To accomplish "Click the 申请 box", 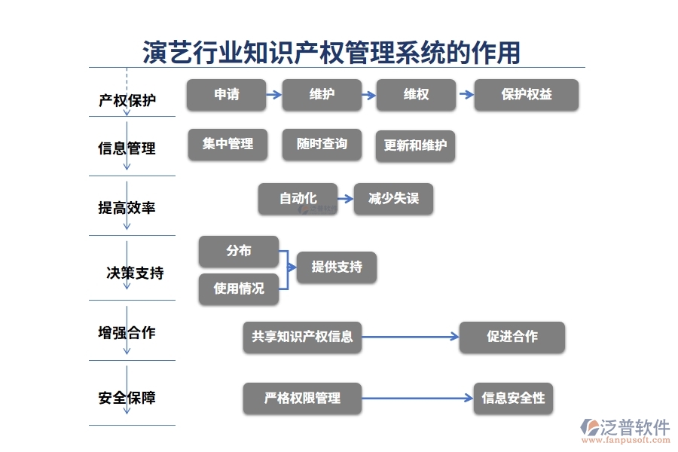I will (x=226, y=95).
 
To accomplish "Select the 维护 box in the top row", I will (x=321, y=95).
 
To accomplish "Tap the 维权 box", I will (x=416, y=95).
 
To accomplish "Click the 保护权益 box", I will (x=526, y=95).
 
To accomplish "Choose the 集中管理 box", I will (x=228, y=144).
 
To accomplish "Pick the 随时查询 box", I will (x=322, y=144).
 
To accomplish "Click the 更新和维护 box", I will (x=415, y=145).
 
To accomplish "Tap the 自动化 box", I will (x=298, y=199).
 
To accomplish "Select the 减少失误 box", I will (x=393, y=199).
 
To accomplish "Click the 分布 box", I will (x=238, y=252).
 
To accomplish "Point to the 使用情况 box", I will (x=238, y=289).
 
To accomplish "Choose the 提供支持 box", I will (x=336, y=267).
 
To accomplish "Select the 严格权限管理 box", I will (x=302, y=399).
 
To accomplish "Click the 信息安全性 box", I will (x=513, y=399).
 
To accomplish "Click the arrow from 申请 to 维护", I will (x=273, y=95).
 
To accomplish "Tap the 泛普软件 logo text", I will (x=634, y=427).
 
